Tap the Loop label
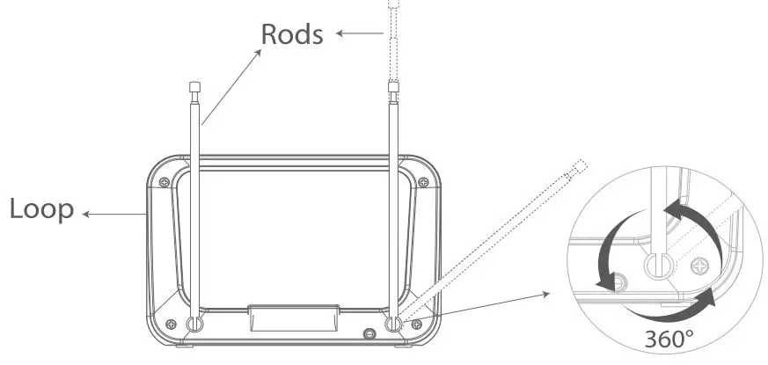point(41,210)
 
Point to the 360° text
point(669,339)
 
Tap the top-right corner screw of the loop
point(423,181)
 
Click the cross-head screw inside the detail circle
point(699,264)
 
